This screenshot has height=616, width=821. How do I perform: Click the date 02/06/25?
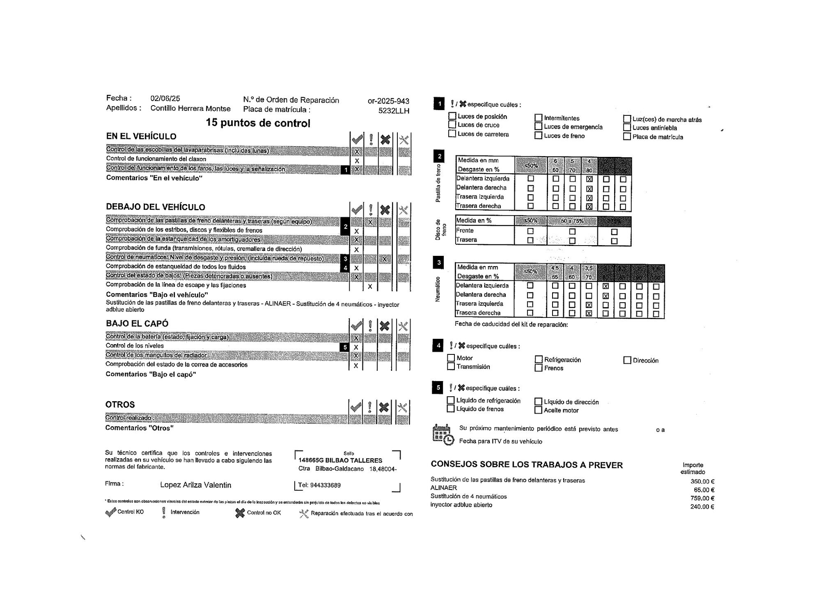[x=165, y=99]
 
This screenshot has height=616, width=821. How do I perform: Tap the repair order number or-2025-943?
[x=388, y=101]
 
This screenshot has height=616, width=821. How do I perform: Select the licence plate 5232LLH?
[x=394, y=111]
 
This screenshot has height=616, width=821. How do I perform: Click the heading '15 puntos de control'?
[x=258, y=123]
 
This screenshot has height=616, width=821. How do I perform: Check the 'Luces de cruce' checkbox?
[x=452, y=125]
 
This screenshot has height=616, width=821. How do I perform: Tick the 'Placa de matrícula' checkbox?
[x=627, y=137]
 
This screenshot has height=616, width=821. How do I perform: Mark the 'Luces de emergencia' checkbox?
[x=539, y=127]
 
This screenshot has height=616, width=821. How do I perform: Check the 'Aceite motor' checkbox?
[x=539, y=410]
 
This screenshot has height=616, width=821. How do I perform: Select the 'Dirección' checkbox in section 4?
[x=627, y=360]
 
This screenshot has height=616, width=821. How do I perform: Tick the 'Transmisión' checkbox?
[x=451, y=367]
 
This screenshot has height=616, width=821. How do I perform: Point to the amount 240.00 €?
[x=702, y=507]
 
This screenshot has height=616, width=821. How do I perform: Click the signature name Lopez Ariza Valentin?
[x=195, y=485]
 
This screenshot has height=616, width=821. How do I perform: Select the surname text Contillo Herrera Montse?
[x=190, y=108]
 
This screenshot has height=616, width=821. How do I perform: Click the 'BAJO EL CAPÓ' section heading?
[x=137, y=324]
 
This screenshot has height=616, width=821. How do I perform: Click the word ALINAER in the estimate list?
[x=444, y=488]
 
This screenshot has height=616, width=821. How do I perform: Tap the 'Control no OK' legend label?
[x=264, y=513]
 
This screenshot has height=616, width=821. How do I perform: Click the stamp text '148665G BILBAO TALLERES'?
[x=340, y=461]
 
